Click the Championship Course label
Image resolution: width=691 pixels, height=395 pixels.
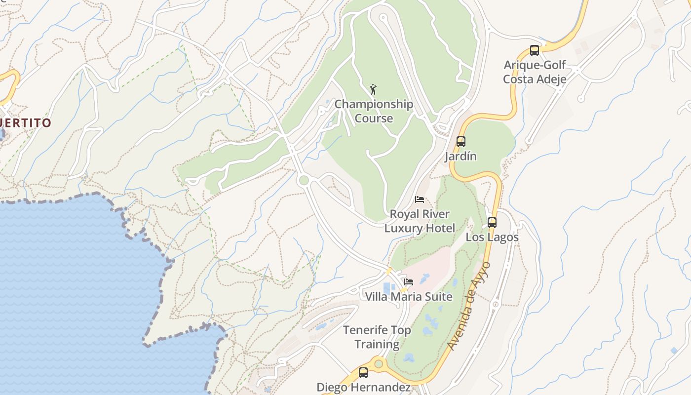pyautogui.click(x=374, y=111)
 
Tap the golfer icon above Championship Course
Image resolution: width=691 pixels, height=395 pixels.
pyautogui.click(x=374, y=89)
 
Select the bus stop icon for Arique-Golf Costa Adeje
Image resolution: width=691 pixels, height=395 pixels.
pyautogui.click(x=534, y=50)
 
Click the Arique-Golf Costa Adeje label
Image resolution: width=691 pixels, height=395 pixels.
pyautogui.click(x=535, y=72)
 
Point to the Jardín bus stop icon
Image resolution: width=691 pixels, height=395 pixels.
pyautogui.click(x=461, y=142)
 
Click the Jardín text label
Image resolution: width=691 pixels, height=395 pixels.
pyautogui.click(x=461, y=157)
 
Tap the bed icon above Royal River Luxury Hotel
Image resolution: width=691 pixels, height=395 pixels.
pyautogui.click(x=420, y=199)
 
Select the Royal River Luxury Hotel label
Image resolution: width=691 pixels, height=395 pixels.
pyautogui.click(x=420, y=221)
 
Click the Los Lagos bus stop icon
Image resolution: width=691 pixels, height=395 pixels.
pyautogui.click(x=492, y=222)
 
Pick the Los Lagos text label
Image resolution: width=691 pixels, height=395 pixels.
pyautogui.click(x=492, y=237)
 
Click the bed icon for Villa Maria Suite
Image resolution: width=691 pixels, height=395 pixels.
pyautogui.click(x=409, y=282)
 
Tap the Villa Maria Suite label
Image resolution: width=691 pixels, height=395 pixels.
pyautogui.click(x=408, y=296)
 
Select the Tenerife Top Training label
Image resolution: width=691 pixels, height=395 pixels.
pyautogui.click(x=377, y=337)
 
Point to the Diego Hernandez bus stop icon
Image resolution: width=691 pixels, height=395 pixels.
pyautogui.click(x=363, y=373)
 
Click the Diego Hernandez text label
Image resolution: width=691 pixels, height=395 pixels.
pyautogui.click(x=363, y=387)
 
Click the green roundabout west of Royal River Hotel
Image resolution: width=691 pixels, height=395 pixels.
pyautogui.click(x=304, y=181)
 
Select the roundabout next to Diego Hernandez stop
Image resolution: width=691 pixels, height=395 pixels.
pyautogui.click(x=379, y=364)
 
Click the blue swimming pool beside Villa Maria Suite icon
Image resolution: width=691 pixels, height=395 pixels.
pyautogui.click(x=389, y=287)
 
